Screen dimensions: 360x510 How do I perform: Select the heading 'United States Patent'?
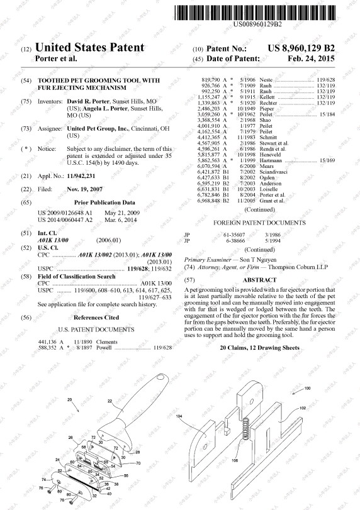91,48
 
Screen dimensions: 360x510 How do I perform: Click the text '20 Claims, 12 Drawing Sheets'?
259,348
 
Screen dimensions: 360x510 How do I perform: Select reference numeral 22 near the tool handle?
110,400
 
